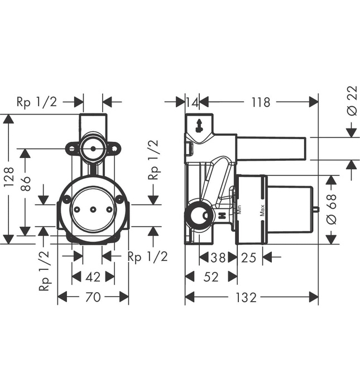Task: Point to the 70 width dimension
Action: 93,297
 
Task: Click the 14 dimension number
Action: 192,102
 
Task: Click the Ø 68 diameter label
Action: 331,209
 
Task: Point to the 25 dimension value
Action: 250,258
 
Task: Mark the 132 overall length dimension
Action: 246,297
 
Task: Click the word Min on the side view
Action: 238,211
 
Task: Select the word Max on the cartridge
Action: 261,211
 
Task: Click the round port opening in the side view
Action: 199,215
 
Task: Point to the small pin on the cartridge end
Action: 316,211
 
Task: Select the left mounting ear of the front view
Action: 72,149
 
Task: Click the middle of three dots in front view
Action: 93,209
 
